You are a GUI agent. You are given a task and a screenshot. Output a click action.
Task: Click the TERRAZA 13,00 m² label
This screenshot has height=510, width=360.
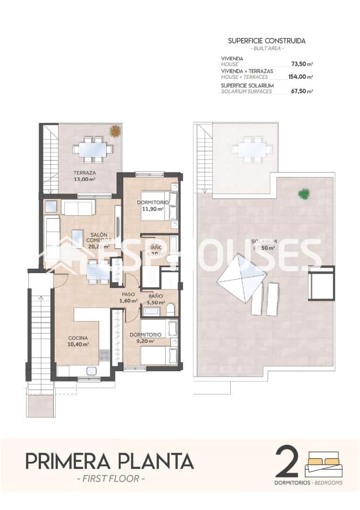pos(84,176)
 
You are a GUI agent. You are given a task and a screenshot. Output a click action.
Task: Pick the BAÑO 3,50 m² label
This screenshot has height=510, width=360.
pos(154,299)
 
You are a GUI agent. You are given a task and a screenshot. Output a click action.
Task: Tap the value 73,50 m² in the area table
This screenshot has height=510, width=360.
pos(302,64)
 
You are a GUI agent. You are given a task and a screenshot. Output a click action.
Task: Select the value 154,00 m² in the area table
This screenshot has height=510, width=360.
pos(301,77)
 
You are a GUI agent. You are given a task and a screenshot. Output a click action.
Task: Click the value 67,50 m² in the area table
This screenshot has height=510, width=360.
pos(302,91)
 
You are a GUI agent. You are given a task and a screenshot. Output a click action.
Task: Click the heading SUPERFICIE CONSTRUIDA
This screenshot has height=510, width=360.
pos(267,41)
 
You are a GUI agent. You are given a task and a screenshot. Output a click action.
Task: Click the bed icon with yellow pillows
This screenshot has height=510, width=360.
pos(324,464)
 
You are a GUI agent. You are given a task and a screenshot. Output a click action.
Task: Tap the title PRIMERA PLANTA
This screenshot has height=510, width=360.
pos(109,460)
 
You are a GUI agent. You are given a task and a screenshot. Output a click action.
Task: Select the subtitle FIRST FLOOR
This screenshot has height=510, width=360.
pos(109,478)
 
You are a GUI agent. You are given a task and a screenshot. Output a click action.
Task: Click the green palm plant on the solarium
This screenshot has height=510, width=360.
pos(304,194)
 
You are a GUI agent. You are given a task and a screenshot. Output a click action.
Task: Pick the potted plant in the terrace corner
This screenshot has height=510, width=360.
pos(115,131)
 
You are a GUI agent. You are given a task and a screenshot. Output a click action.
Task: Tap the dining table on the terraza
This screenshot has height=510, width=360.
pos(92,150)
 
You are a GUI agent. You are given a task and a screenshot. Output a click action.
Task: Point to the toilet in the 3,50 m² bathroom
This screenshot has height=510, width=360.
pos(171,310)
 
